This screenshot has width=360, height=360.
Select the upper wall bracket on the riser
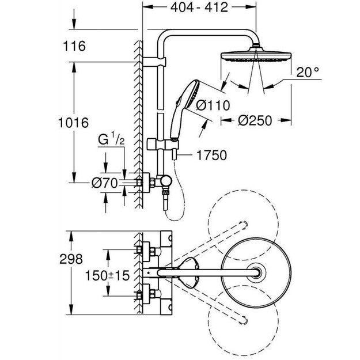pos(157,61)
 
